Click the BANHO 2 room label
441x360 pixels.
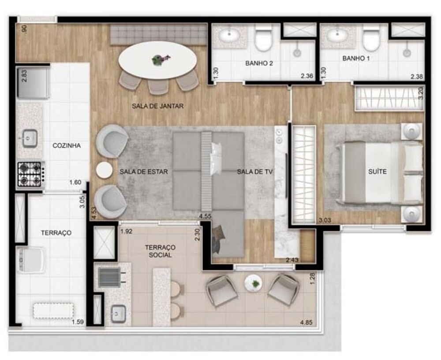tap(259, 63)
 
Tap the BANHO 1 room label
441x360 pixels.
tap(356, 59)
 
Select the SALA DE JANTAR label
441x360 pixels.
tap(157, 106)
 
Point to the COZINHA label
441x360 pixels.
tap(67, 145)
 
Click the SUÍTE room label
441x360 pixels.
tap(377, 171)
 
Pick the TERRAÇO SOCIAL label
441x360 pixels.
tap(160, 251)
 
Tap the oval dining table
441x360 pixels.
tap(157, 60)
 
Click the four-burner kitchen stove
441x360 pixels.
tap(30, 174)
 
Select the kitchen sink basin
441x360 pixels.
tap(30, 138)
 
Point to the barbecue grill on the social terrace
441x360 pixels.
tap(110, 277)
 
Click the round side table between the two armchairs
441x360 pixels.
tap(105, 170)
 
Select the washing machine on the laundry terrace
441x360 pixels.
tap(31, 260)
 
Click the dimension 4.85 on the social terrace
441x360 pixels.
tap(306, 323)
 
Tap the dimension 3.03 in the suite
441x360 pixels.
tap(325, 220)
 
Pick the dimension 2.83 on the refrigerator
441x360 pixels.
tap(25, 76)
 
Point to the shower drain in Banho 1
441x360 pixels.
tap(406, 52)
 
